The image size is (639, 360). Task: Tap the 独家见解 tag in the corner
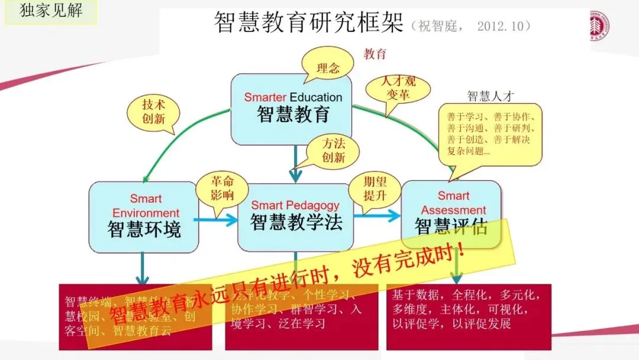click(x=51, y=12)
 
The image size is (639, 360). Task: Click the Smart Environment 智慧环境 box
click(x=144, y=217)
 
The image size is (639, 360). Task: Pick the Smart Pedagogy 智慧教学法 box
click(x=295, y=217)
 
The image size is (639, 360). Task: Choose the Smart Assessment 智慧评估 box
click(x=451, y=213)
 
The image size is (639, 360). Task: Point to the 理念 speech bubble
click(x=327, y=67)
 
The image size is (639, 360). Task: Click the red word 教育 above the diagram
click(x=375, y=54)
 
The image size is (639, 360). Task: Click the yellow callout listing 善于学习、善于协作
click(x=490, y=134)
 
